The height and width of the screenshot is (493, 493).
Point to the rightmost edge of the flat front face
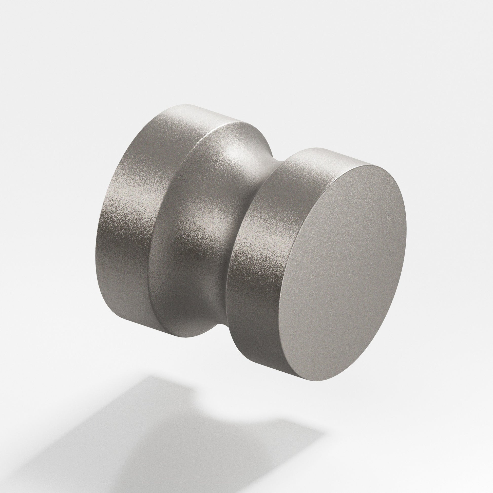click(406, 230)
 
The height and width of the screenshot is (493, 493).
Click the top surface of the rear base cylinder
click(204, 112)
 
